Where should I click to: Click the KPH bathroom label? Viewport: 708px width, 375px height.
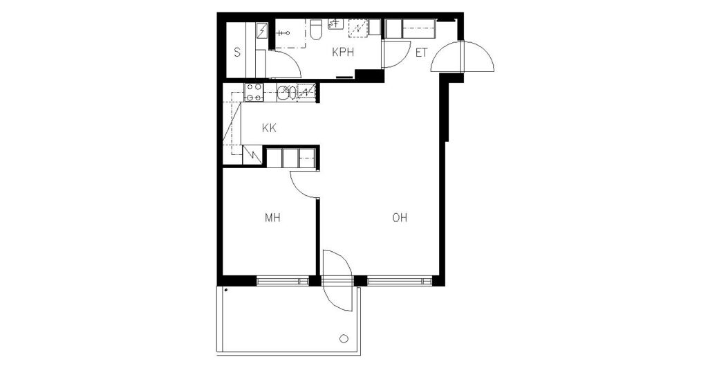pyautogui.click(x=343, y=53)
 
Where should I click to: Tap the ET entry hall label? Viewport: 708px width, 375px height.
pyautogui.click(x=421, y=53)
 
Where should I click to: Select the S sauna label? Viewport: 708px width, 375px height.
pyautogui.click(x=237, y=53)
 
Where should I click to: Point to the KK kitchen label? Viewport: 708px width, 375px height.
pyautogui.click(x=269, y=128)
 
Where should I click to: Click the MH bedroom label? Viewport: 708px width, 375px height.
pyautogui.click(x=272, y=218)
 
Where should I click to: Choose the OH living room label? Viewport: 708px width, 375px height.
pyautogui.click(x=400, y=218)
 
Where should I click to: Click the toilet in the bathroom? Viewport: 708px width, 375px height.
pyautogui.click(x=316, y=29)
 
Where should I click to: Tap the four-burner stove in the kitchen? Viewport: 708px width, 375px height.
pyautogui.click(x=253, y=92)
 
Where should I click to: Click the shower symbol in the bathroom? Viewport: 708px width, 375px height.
pyautogui.click(x=283, y=33)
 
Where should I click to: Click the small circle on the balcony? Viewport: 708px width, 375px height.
pyautogui.click(x=344, y=338)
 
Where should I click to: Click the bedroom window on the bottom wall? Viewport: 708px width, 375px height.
pyautogui.click(x=282, y=281)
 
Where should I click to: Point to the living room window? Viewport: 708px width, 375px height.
pyautogui.click(x=400, y=281)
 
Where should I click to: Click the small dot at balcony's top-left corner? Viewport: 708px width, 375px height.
pyautogui.click(x=225, y=290)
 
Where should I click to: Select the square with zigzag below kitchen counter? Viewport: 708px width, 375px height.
pyautogui.click(x=252, y=155)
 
